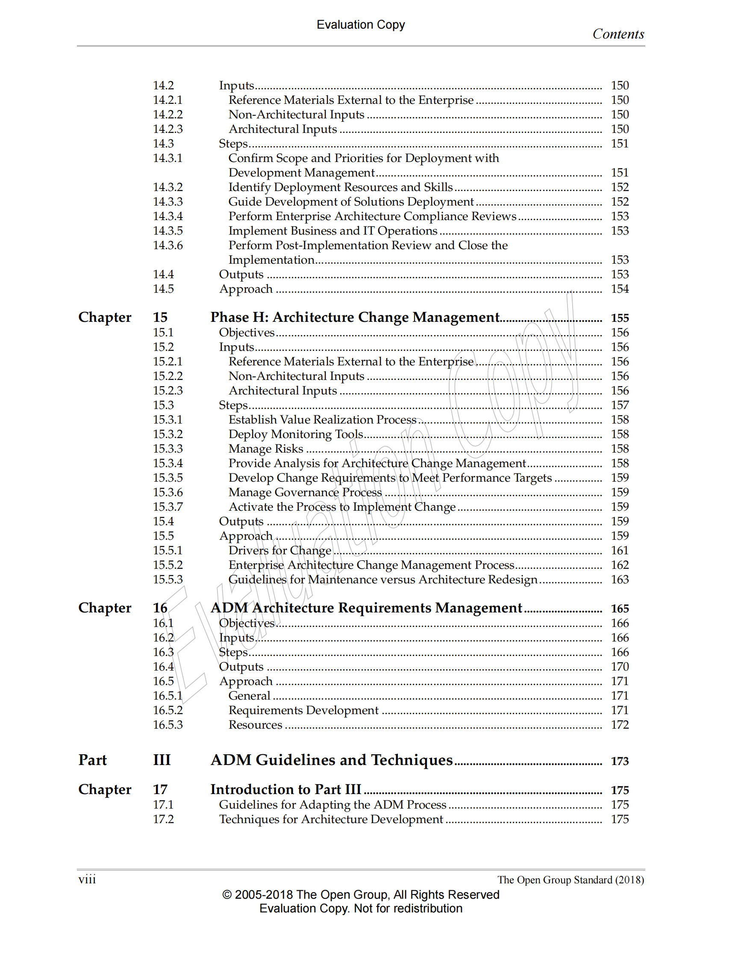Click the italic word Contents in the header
(x=618, y=34)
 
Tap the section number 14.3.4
(x=168, y=216)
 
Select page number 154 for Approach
(x=619, y=289)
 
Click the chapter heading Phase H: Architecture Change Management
(x=355, y=317)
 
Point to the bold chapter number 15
(x=160, y=317)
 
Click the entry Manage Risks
(x=265, y=449)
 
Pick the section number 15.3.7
(x=168, y=507)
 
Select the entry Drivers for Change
(x=279, y=550)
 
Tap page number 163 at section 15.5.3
(x=619, y=580)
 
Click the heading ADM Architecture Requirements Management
(x=366, y=608)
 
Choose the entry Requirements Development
(x=303, y=710)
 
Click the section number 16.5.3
(x=168, y=724)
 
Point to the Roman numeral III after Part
(x=162, y=760)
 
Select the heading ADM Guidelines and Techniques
(x=332, y=760)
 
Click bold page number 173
(x=619, y=761)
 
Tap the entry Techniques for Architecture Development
(x=331, y=819)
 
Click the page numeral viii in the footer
(x=87, y=880)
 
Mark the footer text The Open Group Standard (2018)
(x=570, y=880)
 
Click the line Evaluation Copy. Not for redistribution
(x=361, y=909)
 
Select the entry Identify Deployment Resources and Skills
(x=340, y=187)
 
